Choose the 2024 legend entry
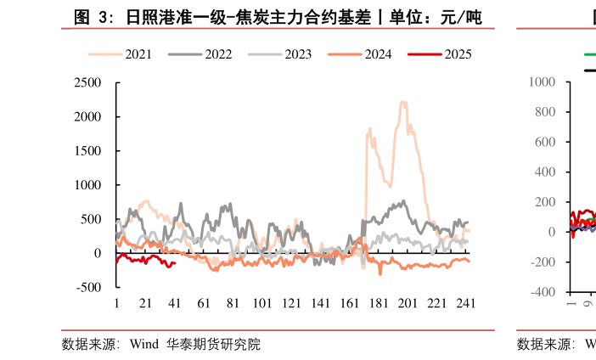378,54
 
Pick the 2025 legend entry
457,54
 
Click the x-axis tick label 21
145,303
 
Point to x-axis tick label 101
261,303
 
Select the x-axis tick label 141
320,303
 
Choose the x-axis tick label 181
379,303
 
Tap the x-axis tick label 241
465,303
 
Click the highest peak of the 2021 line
402,102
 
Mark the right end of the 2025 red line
175,263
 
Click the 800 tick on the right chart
544,112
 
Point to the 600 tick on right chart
544,142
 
